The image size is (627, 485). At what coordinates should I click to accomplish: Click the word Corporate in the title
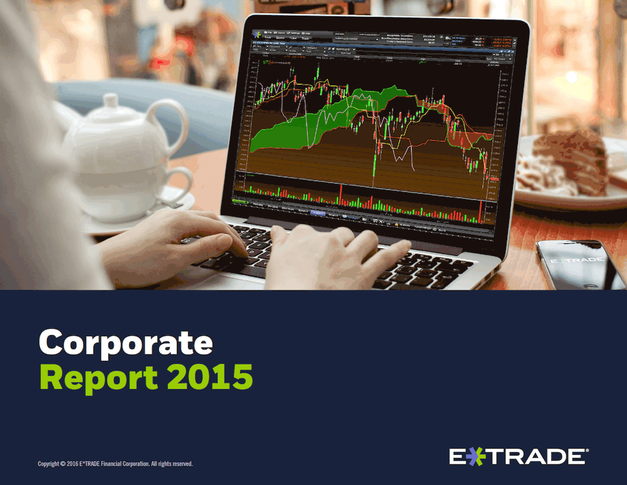click(125, 343)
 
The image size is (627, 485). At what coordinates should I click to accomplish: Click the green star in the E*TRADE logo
click(475, 457)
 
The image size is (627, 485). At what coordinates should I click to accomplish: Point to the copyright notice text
click(115, 464)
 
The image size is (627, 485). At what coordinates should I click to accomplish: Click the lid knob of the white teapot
click(112, 101)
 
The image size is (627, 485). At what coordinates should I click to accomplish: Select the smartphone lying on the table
click(580, 264)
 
